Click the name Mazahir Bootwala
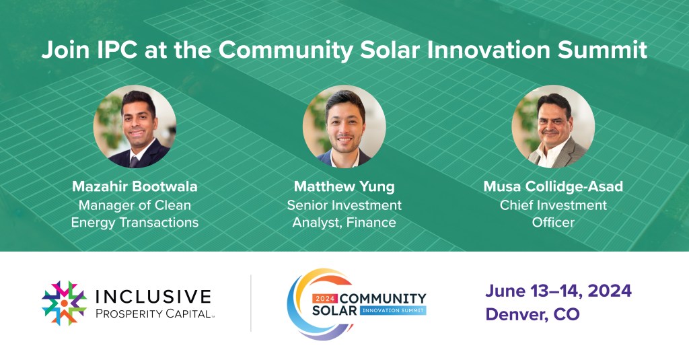135,186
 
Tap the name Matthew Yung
344,186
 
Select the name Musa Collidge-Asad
553,186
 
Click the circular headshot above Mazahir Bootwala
135,127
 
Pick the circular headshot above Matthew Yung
344,127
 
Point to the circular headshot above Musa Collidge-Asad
553,127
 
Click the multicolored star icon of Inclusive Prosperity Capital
64,303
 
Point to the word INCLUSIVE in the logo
153,296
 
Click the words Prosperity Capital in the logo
153,314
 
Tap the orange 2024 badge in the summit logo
326,299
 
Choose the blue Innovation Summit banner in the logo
393,310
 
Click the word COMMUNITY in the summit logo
383,299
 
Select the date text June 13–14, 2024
558,291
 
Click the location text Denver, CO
533,314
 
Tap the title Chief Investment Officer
553,213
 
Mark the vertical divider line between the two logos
251,303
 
